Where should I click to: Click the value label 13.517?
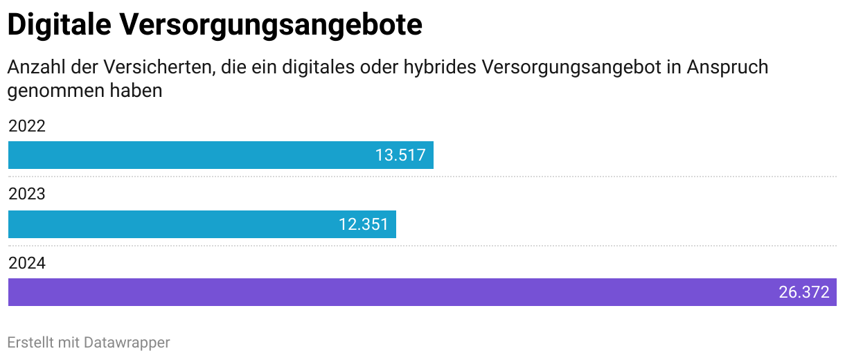(x=400, y=155)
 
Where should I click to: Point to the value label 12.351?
(x=364, y=224)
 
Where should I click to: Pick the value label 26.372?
(x=804, y=292)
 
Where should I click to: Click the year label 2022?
(x=27, y=126)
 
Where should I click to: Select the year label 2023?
(x=27, y=194)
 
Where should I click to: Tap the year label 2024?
(x=27, y=263)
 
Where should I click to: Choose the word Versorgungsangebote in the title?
(x=271, y=26)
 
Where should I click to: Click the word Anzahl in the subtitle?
(x=35, y=68)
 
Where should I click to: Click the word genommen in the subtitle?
(x=56, y=91)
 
